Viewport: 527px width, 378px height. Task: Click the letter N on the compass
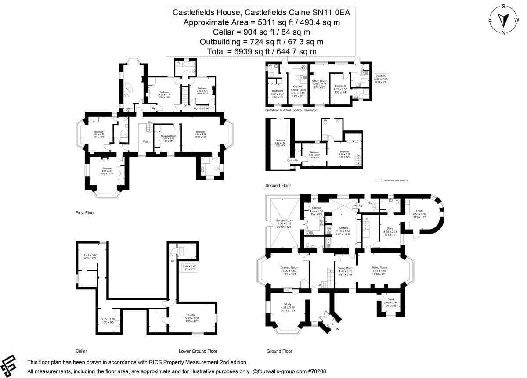pos(504,32)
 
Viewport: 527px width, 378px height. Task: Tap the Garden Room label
pos(284,220)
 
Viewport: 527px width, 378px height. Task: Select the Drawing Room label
pos(289,268)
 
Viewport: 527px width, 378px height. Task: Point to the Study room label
pos(288,304)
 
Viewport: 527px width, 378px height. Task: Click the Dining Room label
pos(345,268)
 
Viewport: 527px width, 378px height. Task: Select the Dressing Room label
pos(168,136)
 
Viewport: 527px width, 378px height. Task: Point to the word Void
pos(146,141)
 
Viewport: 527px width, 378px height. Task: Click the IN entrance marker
pos(337,329)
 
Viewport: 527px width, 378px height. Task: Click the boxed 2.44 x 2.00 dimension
pos(190,266)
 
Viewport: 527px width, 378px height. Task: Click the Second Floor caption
pos(278,186)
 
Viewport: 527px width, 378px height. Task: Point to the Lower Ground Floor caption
pos(198,351)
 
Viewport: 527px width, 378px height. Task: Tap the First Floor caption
pos(85,212)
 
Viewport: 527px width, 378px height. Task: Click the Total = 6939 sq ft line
pos(261,51)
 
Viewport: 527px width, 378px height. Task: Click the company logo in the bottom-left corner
pos(9,364)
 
